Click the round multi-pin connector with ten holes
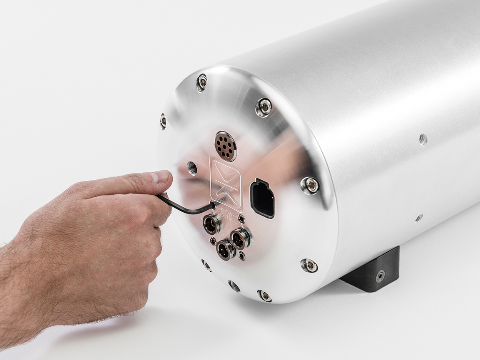click(x=226, y=146)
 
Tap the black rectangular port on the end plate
click(x=262, y=199)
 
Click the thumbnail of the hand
click(x=163, y=176)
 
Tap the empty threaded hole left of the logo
click(x=192, y=168)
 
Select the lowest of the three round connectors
click(x=225, y=250)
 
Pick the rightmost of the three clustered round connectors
click(x=241, y=238)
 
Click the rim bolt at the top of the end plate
click(x=202, y=82)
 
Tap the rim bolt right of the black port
click(x=310, y=185)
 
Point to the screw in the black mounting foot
click(x=380, y=276)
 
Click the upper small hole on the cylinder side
click(x=423, y=139)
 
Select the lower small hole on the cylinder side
click(x=419, y=218)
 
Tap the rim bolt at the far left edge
click(x=163, y=121)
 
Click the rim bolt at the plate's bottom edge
click(x=264, y=295)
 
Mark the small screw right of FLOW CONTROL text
click(x=241, y=219)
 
